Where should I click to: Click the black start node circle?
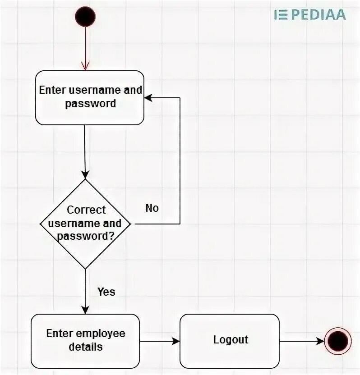point(85,17)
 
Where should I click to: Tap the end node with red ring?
point(337,340)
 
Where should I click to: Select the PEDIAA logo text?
point(318,14)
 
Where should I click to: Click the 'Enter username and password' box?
point(90,97)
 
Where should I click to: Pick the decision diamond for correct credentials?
point(85,224)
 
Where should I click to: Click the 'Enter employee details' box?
point(85,340)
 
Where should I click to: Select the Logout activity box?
point(230,340)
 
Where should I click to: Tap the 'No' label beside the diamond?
point(152,208)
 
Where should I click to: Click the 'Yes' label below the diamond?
point(106,292)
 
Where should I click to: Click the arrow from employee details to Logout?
point(160,341)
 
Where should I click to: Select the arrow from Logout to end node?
point(301,341)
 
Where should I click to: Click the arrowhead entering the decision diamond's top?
point(85,175)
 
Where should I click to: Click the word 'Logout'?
point(231,339)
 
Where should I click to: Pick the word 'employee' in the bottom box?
point(100,334)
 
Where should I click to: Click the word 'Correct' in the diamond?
point(86,210)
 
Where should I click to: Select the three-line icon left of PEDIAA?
point(281,14)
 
